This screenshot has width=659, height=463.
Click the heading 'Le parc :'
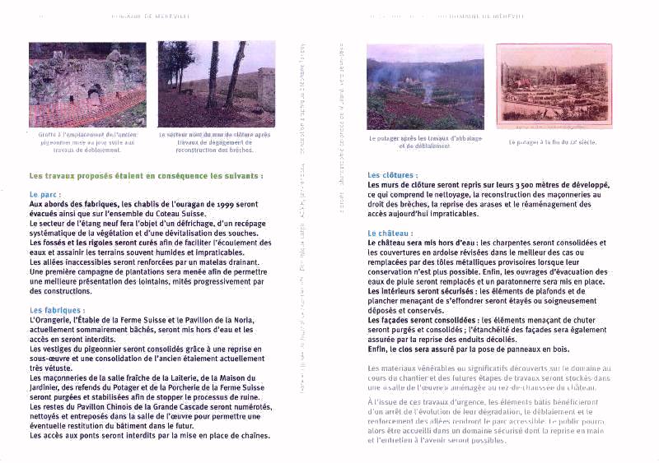pyautogui.click(x=45, y=194)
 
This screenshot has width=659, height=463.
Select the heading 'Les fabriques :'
pyautogui.click(x=57, y=309)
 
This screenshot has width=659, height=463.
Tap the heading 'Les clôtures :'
pyautogui.click(x=392, y=175)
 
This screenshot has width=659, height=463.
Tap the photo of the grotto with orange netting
pyautogui.click(x=86, y=84)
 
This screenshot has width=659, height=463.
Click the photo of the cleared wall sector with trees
pyautogui.click(x=216, y=84)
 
